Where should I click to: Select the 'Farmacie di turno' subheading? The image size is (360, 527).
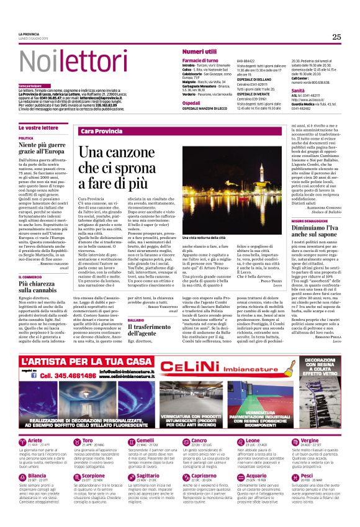(200, 60)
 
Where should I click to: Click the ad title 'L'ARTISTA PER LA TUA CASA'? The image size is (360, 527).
(87, 361)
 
